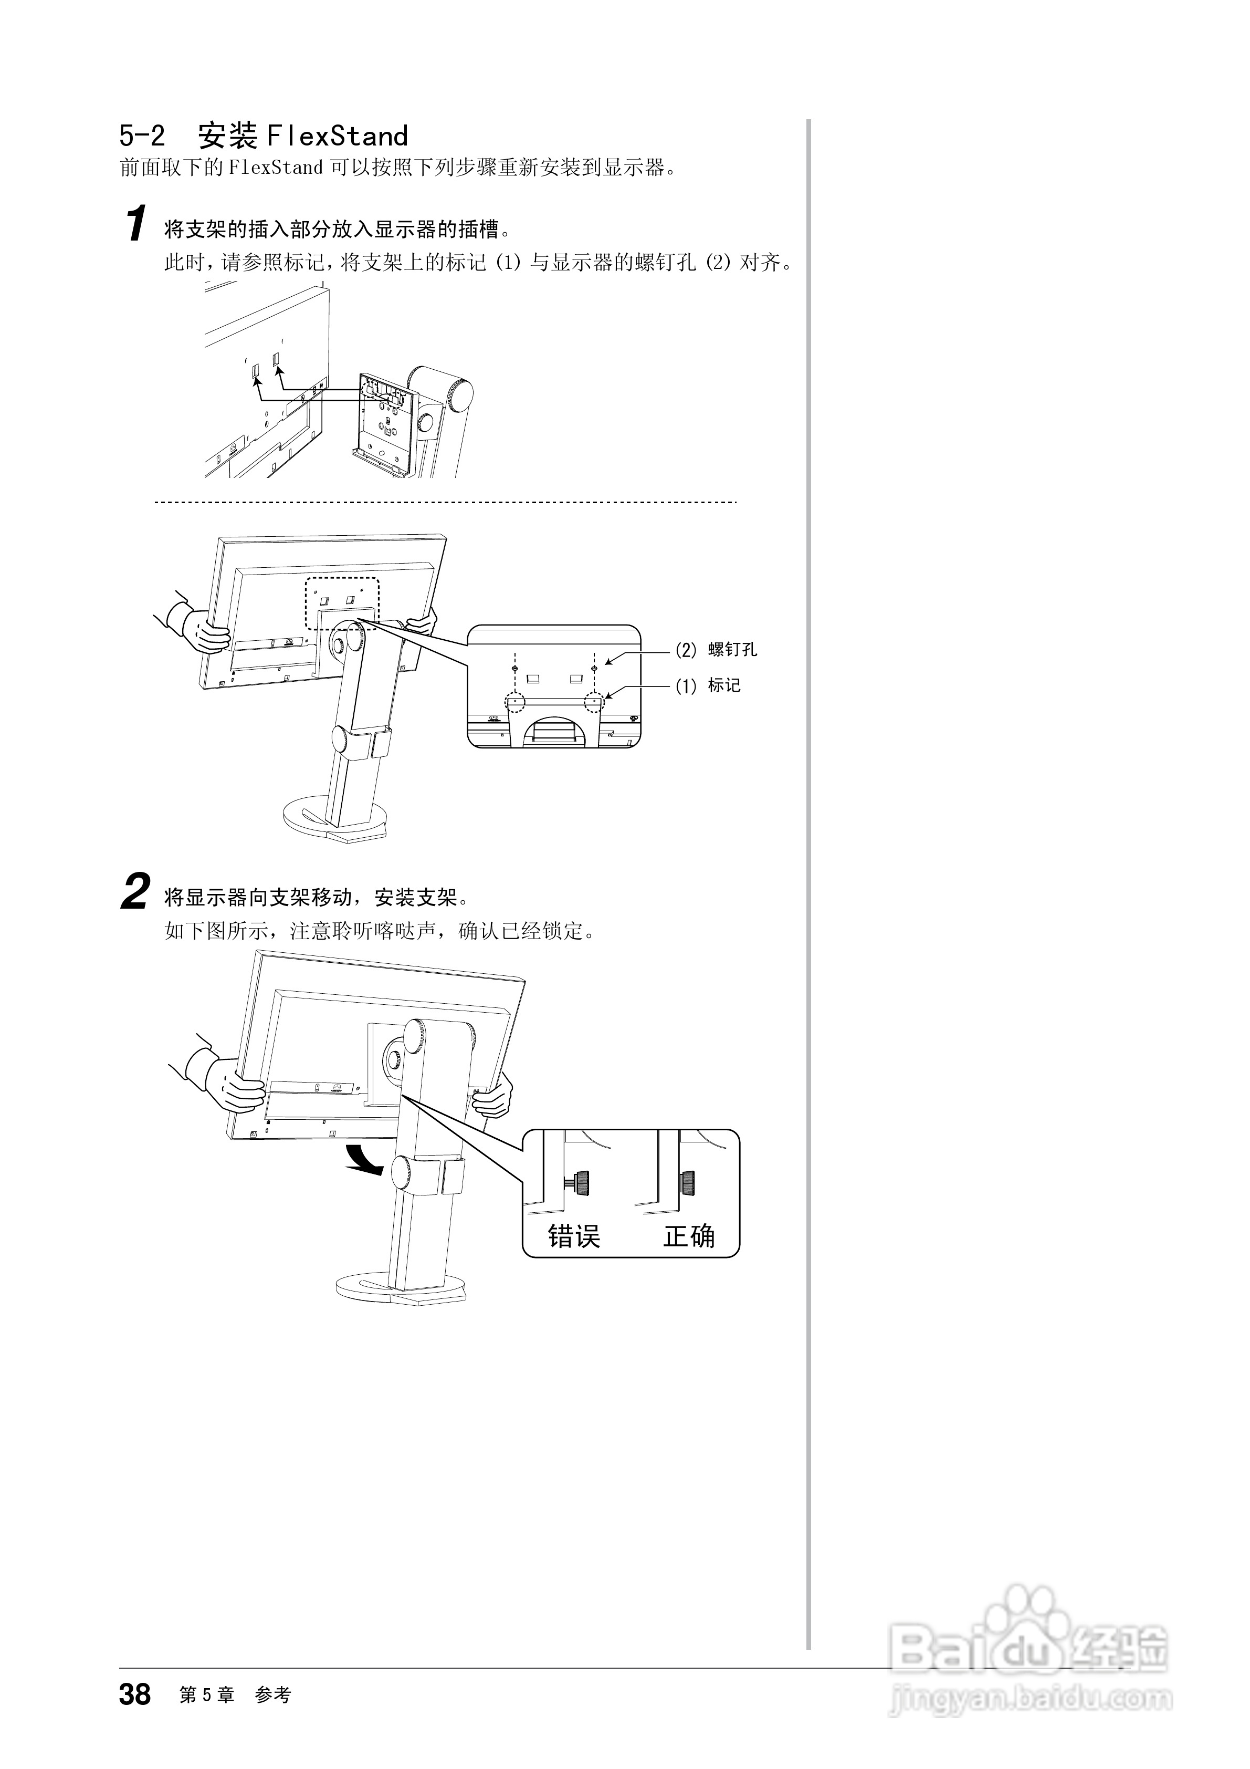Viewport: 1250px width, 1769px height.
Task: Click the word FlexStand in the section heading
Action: coord(337,137)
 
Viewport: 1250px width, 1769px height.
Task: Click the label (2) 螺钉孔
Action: coord(716,650)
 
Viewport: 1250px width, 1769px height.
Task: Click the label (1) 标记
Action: coord(708,685)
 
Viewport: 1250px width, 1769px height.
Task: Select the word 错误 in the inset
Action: coord(574,1236)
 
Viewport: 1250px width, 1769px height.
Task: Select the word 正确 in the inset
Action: coord(689,1236)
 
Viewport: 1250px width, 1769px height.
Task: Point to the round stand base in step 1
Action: coord(339,819)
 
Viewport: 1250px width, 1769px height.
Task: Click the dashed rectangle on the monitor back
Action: coord(342,603)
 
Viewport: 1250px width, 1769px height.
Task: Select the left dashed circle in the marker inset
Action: coord(514,702)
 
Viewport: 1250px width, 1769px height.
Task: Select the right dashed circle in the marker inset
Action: coord(594,702)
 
